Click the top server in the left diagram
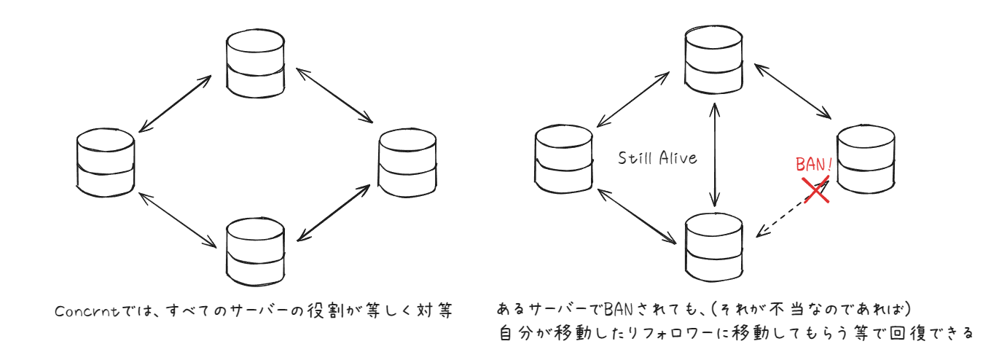point(255,63)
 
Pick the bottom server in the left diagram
point(255,252)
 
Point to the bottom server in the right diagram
point(713,245)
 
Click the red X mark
point(816,189)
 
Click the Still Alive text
point(657,157)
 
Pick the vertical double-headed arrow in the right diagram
point(715,153)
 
